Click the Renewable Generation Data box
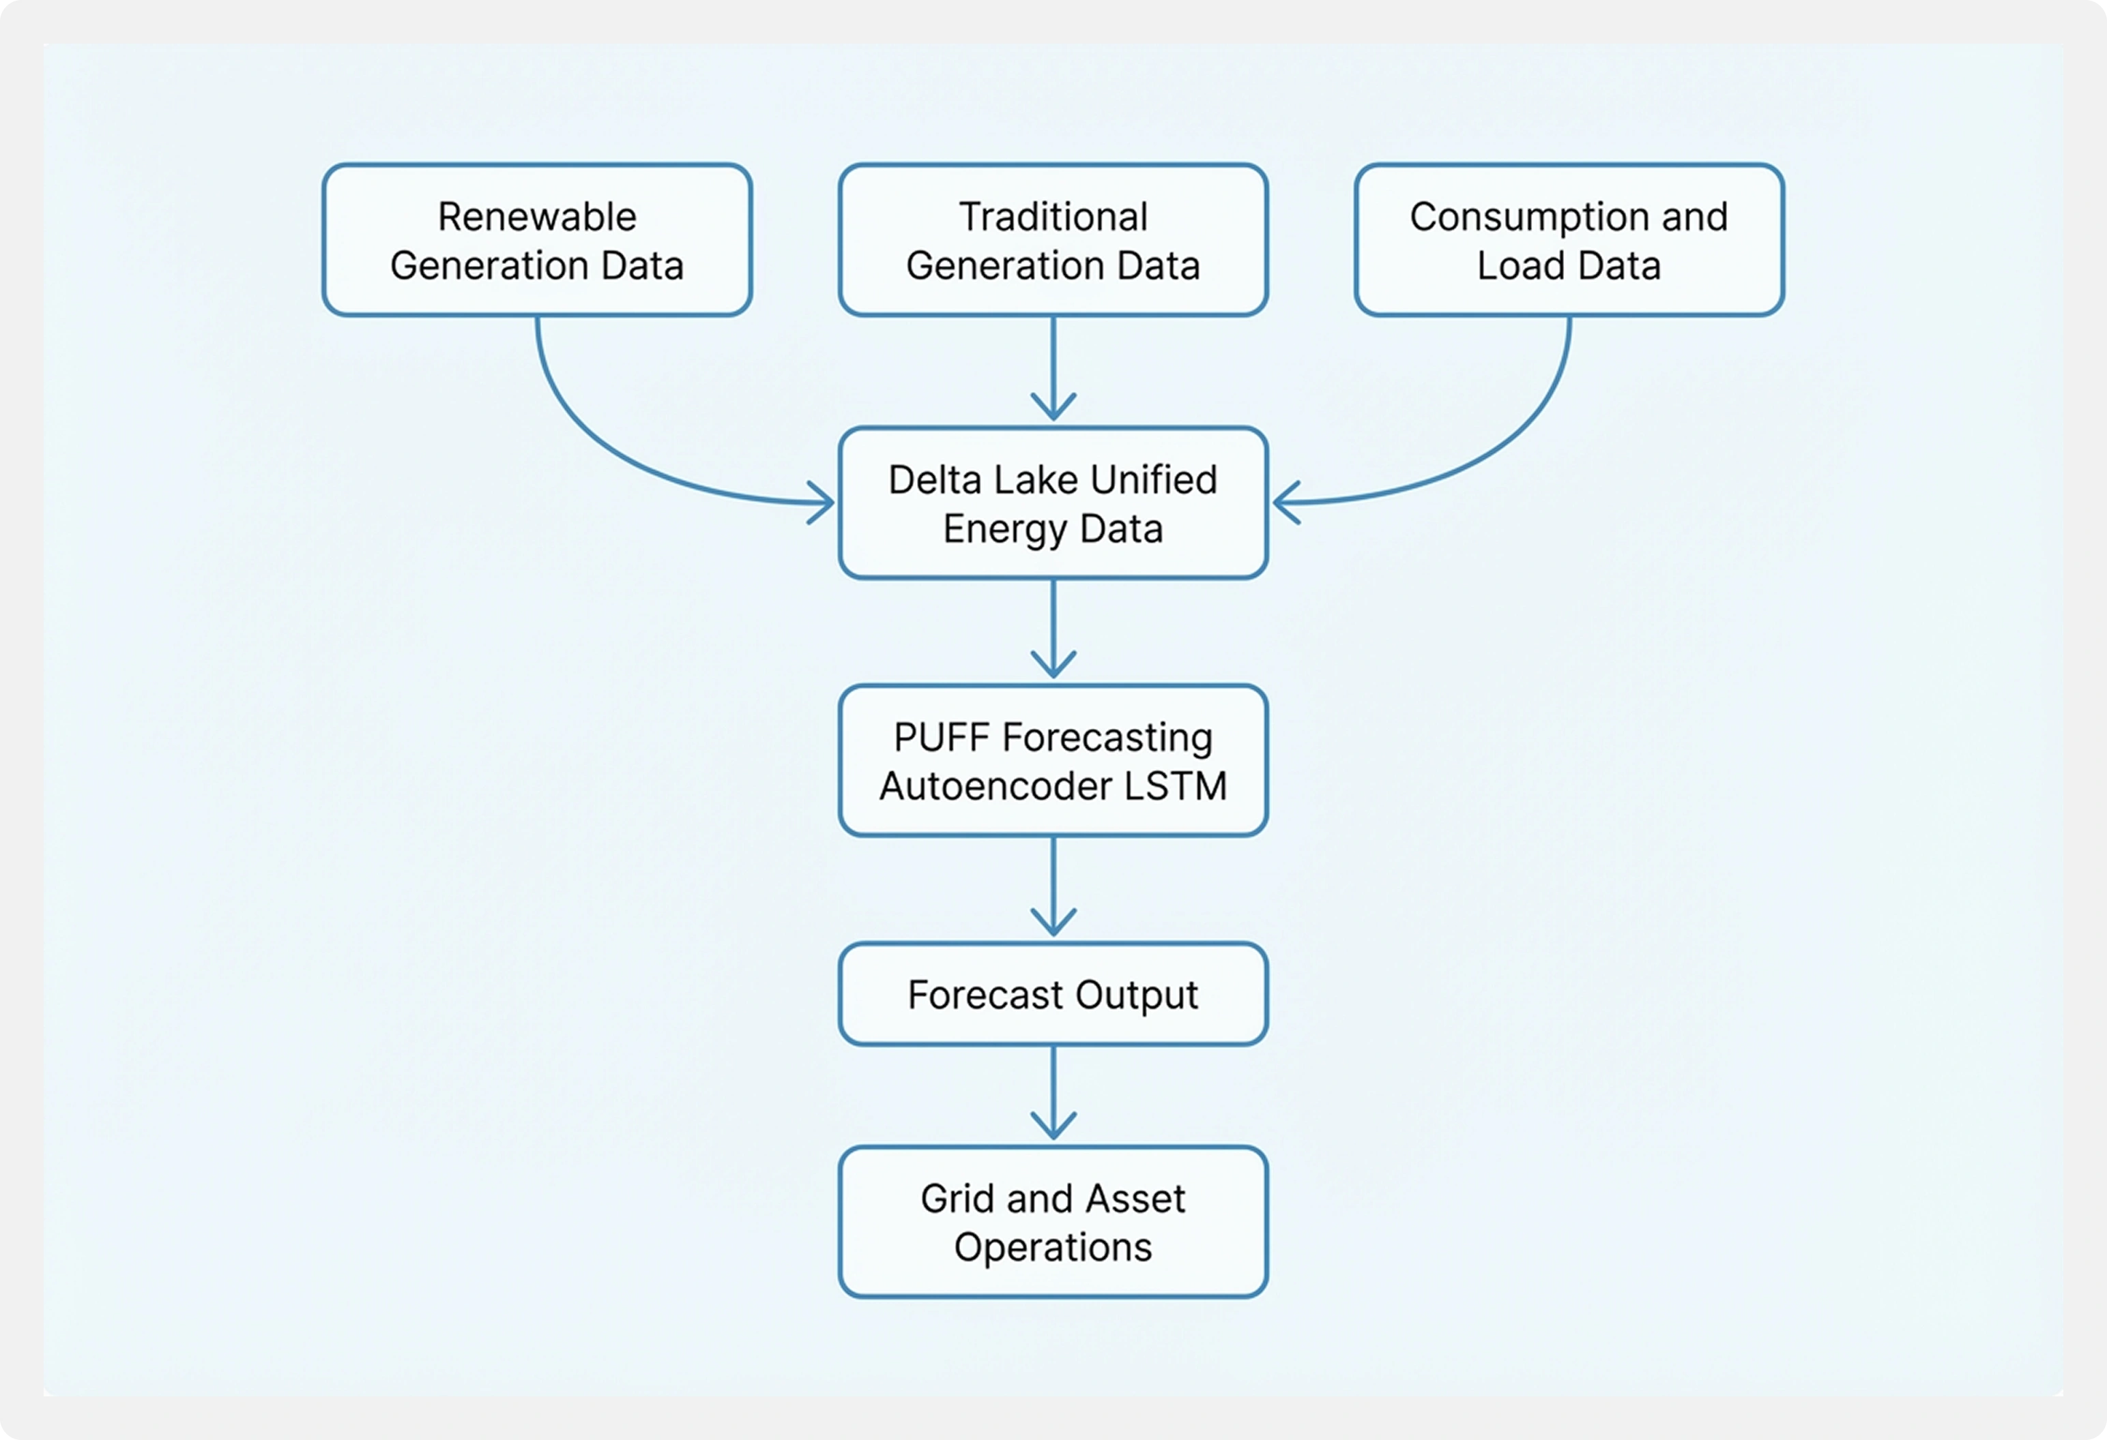click(537, 240)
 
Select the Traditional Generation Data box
click(1053, 240)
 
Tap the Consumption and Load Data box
click(1569, 240)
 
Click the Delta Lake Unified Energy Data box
click(1053, 503)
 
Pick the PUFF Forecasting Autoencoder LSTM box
click(1053, 760)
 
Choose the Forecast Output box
click(1053, 994)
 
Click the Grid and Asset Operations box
click(1053, 1222)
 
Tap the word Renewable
click(537, 217)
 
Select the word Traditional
click(1053, 217)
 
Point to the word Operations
click(1053, 1247)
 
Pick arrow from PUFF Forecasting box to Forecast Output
click(1053, 888)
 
